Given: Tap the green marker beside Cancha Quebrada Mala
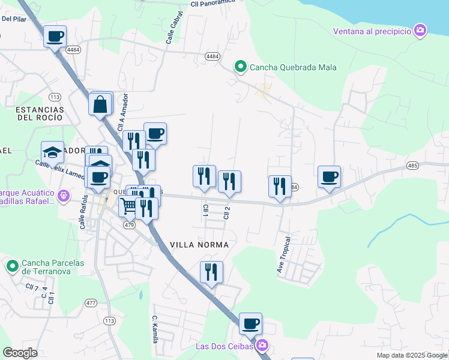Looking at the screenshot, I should [x=241, y=67].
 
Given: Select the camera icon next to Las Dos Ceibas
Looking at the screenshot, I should [x=262, y=346].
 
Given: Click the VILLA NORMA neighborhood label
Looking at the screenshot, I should [x=199, y=245].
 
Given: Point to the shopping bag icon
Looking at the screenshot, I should [x=100, y=104].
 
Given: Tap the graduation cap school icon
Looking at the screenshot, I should [x=52, y=152].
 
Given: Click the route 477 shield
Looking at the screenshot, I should [x=91, y=303].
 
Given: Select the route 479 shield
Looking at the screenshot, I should [x=129, y=225].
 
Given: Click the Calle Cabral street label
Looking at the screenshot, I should [x=173, y=29].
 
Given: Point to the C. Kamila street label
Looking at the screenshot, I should [x=155, y=329].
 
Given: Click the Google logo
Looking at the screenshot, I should [x=20, y=353].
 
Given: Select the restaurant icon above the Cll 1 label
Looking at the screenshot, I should [x=204, y=176].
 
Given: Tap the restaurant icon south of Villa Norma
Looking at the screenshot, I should [x=211, y=272].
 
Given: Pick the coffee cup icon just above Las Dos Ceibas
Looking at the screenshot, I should [x=250, y=324].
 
